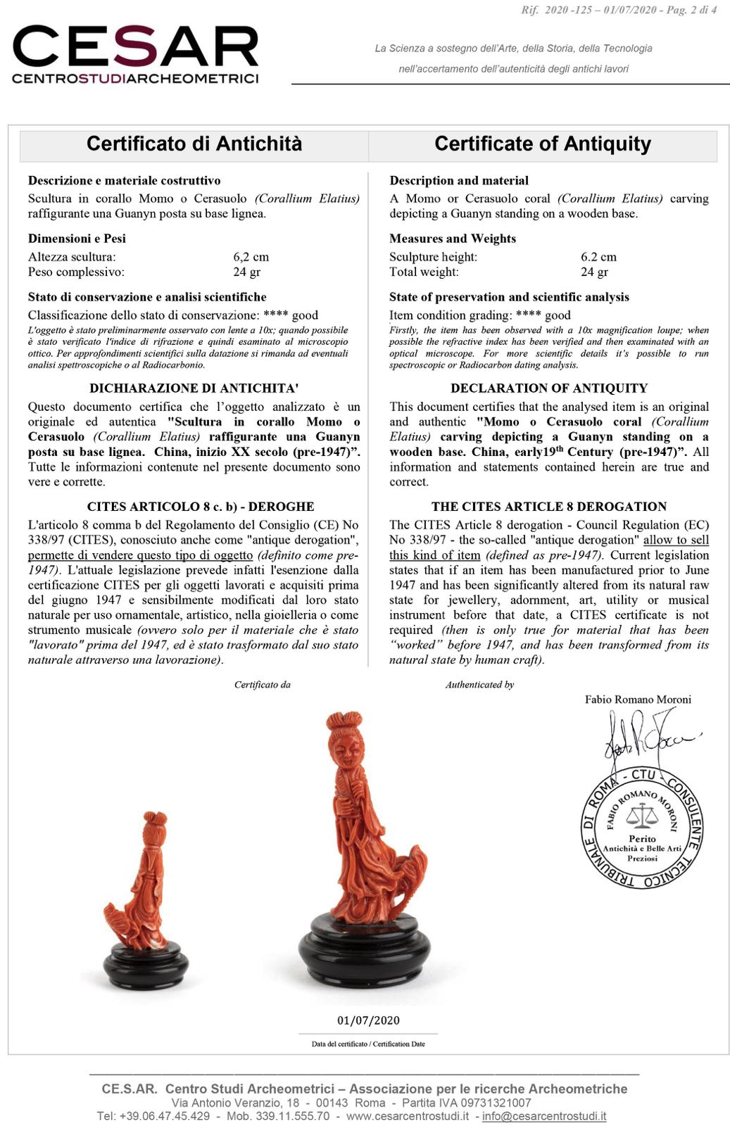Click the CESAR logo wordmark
tap(135, 46)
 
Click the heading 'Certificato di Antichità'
tap(194, 144)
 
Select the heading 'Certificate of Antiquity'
tap(542, 144)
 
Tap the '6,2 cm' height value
tap(251, 257)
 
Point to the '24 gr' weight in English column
tap(594, 272)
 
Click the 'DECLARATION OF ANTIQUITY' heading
tap(548, 388)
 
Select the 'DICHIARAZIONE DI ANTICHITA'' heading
tap(194, 388)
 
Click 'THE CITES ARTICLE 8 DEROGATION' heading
tap(548, 506)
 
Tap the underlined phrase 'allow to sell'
tap(676, 540)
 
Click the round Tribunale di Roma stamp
tap(641, 830)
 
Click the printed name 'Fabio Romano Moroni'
tap(638, 700)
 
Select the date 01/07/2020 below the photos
tap(368, 1020)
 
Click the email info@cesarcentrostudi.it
tap(543, 1116)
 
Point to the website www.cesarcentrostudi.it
tap(407, 1116)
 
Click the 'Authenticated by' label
tap(479, 685)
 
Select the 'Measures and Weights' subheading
tap(452, 239)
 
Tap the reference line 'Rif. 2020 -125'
tap(556, 10)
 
